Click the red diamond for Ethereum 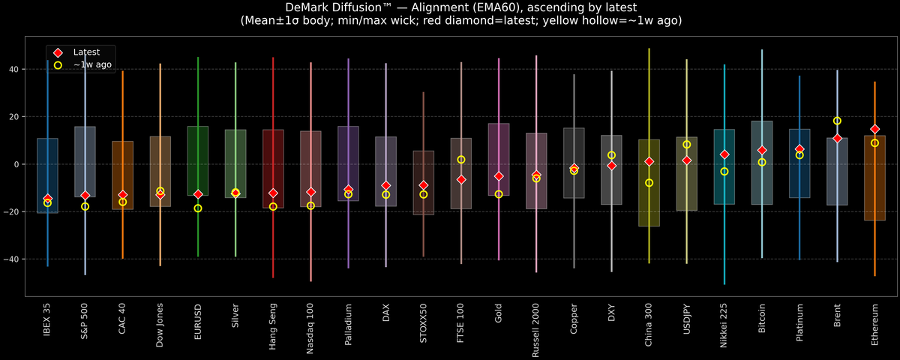click(x=874, y=129)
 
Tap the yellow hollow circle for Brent click(x=837, y=121)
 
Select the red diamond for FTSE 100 click(x=461, y=179)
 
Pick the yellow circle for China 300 click(x=649, y=182)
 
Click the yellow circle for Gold click(x=499, y=193)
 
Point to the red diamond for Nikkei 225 click(x=724, y=154)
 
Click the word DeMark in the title click(x=310, y=7)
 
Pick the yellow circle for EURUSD click(x=198, y=208)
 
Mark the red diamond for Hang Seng click(x=273, y=193)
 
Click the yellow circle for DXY click(x=611, y=155)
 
